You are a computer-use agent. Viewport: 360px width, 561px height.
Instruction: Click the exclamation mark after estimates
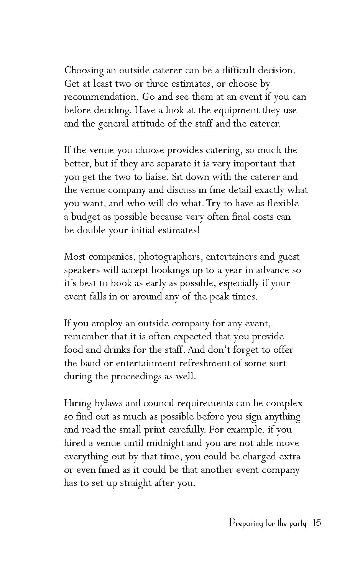click(x=198, y=230)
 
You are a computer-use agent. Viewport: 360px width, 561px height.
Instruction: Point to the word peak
click(x=219, y=297)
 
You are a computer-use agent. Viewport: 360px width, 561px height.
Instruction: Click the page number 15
click(x=317, y=523)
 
